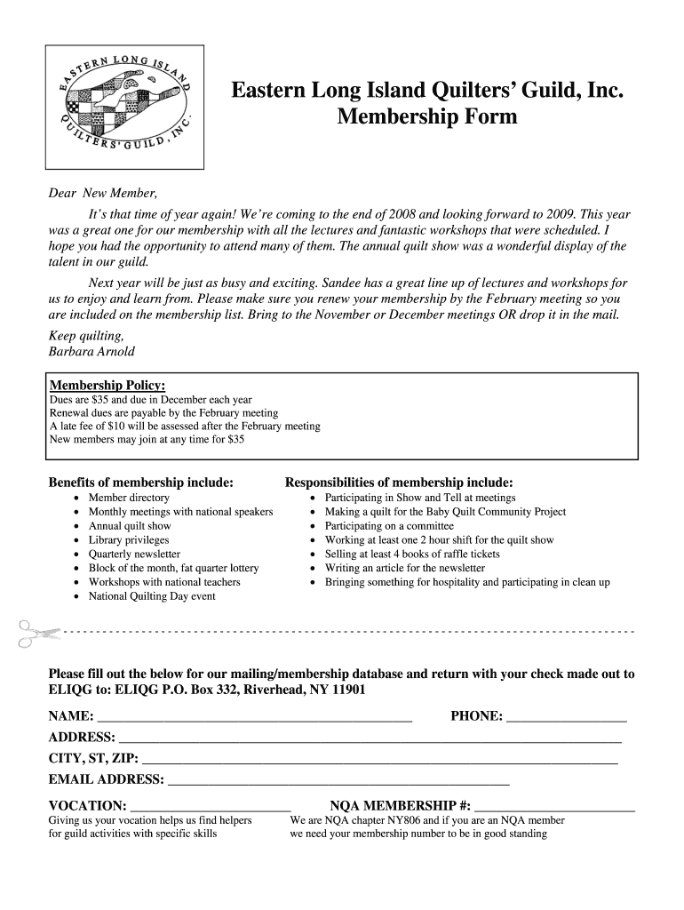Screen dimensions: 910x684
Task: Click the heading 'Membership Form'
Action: coord(427,116)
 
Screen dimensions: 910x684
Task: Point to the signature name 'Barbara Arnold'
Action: coord(91,351)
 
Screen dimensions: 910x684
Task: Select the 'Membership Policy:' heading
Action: coord(107,385)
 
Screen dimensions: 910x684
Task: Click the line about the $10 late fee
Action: coord(185,426)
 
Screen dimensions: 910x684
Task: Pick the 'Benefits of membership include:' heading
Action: coord(140,483)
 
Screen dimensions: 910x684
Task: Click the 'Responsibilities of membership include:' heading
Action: coord(398,483)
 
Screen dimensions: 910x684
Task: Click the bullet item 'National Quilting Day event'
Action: coord(152,596)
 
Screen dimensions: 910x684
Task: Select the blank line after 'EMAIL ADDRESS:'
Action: coord(338,781)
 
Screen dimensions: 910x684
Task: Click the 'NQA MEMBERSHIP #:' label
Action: coord(400,806)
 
